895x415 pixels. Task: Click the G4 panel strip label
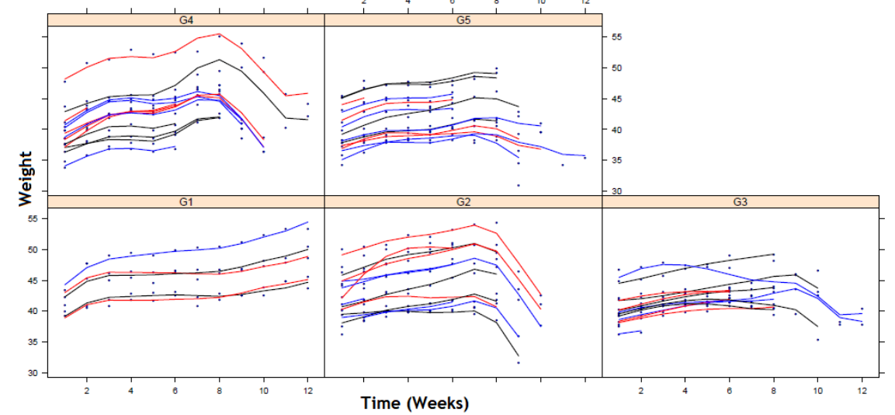tap(186, 20)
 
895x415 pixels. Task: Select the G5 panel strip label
tap(463, 20)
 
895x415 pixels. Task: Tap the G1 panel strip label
tap(186, 201)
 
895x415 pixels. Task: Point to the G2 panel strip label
tap(463, 201)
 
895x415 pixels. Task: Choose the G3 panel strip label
tap(740, 201)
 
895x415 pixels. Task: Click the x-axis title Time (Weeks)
tap(415, 403)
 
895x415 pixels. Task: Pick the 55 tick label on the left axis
tap(33, 220)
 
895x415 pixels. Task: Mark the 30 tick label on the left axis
tap(33, 373)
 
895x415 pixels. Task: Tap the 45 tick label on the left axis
tap(33, 281)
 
